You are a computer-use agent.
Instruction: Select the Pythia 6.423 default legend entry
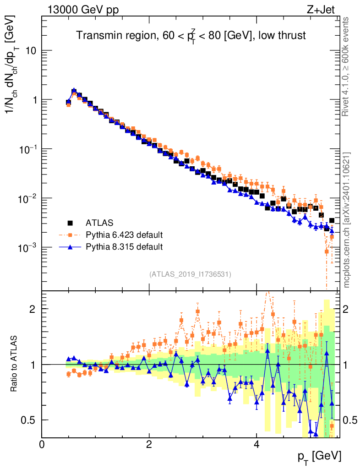point(124,235)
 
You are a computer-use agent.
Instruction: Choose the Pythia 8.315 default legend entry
point(124,247)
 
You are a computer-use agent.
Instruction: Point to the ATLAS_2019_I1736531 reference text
point(190,274)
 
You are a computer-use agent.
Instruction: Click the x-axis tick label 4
point(256,444)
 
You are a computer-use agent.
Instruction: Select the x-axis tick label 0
point(42,444)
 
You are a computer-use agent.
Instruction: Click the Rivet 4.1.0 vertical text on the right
point(347,66)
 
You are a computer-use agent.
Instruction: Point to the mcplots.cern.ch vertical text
point(347,220)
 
